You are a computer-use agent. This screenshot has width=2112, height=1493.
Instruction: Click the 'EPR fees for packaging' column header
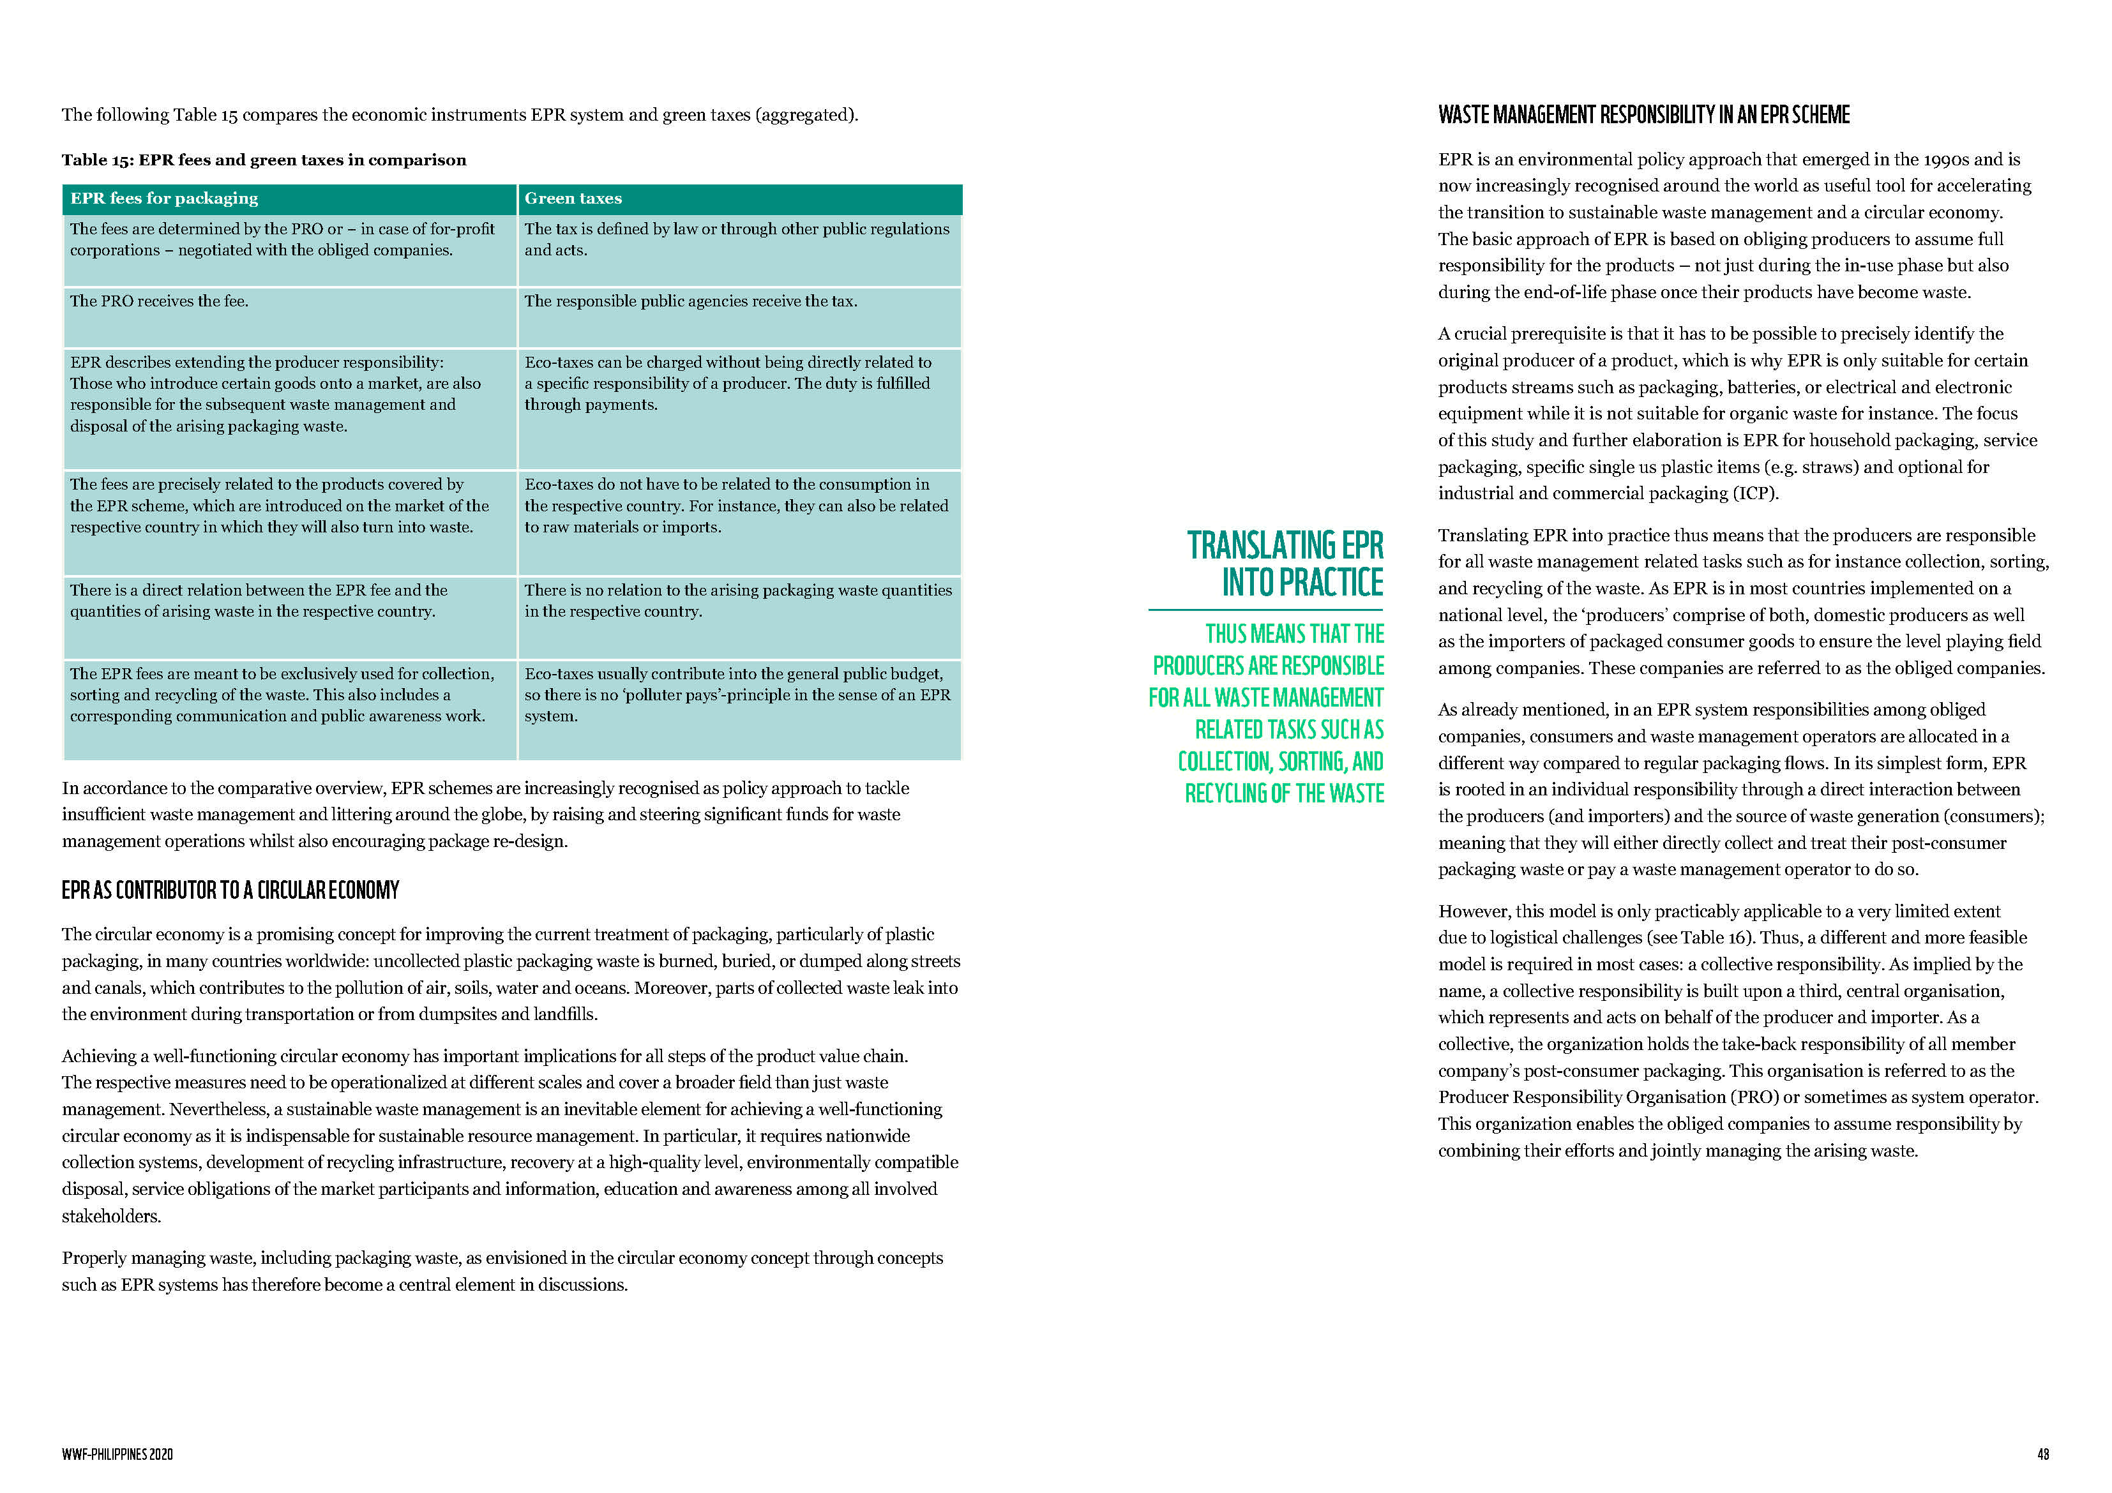[163, 199]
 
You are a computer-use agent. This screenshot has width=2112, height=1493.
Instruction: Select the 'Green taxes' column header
[573, 199]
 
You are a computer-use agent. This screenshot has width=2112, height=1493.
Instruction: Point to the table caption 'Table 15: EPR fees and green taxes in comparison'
[264, 160]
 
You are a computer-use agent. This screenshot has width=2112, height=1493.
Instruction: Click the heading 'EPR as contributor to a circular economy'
[230, 890]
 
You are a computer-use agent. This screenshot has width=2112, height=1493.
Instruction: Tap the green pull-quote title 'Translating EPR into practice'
[1285, 564]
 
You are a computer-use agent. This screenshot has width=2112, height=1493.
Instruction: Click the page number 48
[2042, 1454]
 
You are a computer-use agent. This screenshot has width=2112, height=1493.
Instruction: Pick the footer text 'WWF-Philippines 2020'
[117, 1454]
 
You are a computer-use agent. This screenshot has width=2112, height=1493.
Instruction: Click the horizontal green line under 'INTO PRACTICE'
[1265, 610]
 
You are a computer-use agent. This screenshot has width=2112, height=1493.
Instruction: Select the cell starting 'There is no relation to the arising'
[737, 601]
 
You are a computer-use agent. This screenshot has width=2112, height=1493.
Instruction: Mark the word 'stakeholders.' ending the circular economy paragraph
[111, 1216]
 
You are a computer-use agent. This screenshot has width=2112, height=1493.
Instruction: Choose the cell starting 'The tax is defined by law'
[737, 239]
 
